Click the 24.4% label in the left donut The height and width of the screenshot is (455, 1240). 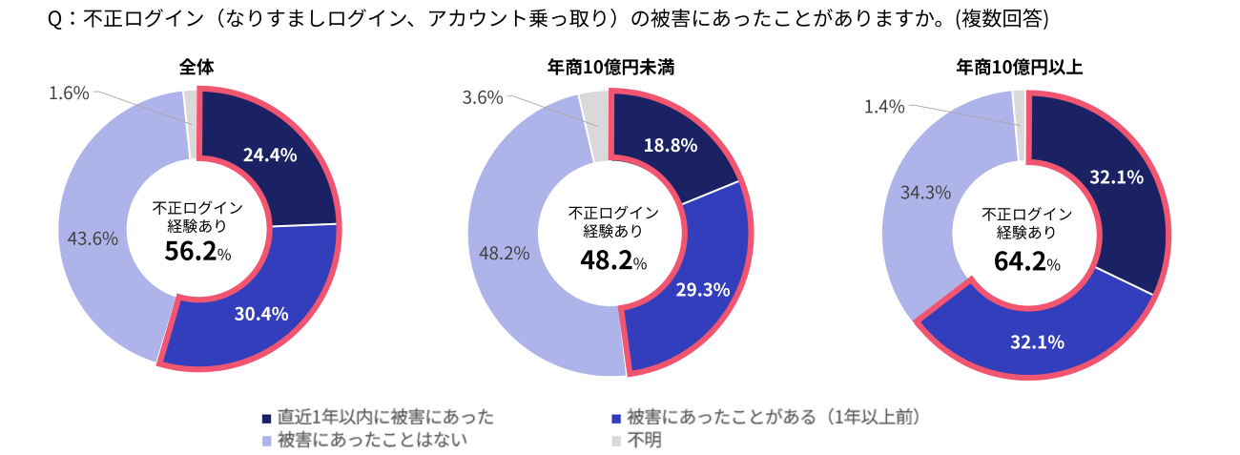coord(270,155)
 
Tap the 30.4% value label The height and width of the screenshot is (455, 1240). coord(261,314)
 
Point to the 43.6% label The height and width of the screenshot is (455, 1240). coord(93,238)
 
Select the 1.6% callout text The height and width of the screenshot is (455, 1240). coord(69,93)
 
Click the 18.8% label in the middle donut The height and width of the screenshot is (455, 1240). coord(671,146)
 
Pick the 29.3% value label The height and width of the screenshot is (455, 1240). coord(703,290)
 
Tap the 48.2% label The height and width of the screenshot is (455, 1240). coord(505,255)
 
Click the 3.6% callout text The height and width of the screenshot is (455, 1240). coord(483,97)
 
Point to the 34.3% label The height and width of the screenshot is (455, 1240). coord(925,193)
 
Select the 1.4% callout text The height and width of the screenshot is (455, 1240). coord(884,107)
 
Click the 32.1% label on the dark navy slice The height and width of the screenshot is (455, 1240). coord(1116,176)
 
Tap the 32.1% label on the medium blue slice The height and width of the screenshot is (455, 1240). coord(1037,342)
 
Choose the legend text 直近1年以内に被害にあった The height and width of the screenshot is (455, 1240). coord(385,418)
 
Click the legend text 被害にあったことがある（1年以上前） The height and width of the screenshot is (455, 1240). coord(775,418)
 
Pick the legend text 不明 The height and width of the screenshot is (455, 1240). coord(646,441)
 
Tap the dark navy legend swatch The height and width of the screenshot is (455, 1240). coord(266,419)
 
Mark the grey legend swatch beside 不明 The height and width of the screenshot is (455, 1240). coord(616,441)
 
